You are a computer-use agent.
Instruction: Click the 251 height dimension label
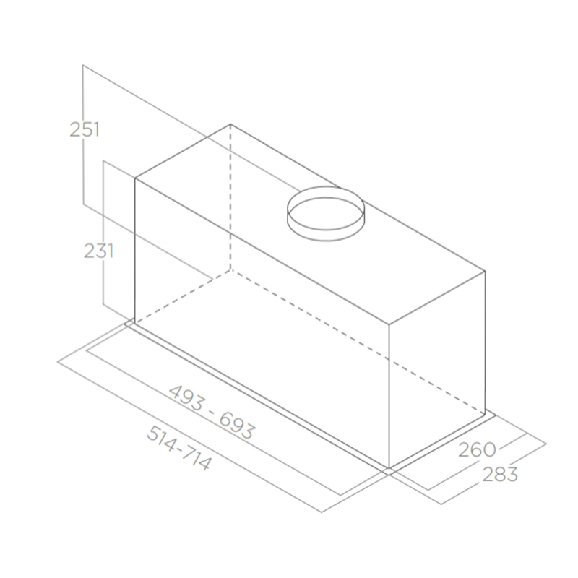(x=85, y=130)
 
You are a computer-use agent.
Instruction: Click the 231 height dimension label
(x=98, y=251)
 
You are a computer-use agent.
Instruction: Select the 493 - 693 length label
(x=211, y=412)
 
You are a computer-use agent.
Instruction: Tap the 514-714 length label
(x=179, y=448)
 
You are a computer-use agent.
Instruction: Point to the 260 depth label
(x=477, y=449)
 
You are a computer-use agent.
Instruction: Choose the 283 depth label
(x=500, y=475)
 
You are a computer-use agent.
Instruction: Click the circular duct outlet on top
(x=326, y=213)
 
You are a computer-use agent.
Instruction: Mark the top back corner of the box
(x=230, y=124)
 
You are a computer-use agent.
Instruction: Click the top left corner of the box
(x=135, y=178)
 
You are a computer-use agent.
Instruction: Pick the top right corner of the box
(x=485, y=272)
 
